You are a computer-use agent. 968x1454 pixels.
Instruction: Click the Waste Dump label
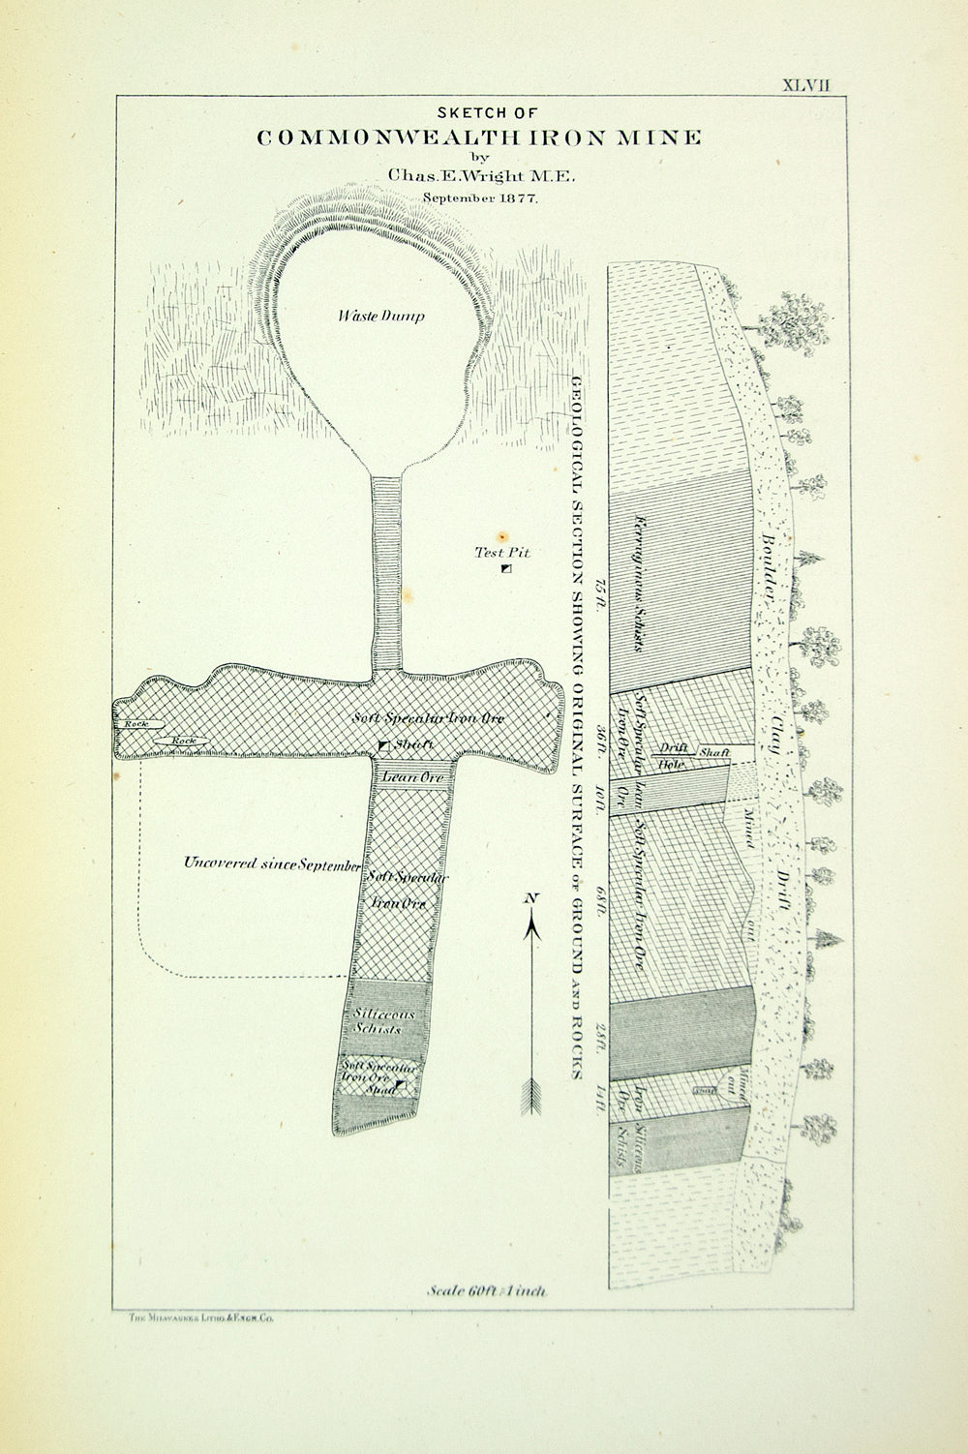click(x=380, y=317)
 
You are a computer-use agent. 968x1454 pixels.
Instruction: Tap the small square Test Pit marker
click(x=506, y=570)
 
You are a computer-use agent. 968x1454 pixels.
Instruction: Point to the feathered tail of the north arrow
click(x=530, y=1095)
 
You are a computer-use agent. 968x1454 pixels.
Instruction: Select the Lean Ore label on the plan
click(x=412, y=777)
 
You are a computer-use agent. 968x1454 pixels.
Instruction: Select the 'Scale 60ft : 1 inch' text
click(x=487, y=1290)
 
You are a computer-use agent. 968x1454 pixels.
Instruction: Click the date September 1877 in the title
click(x=479, y=197)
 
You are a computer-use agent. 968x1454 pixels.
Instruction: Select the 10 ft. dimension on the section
click(x=601, y=795)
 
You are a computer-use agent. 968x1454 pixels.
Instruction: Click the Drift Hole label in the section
click(x=672, y=756)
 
